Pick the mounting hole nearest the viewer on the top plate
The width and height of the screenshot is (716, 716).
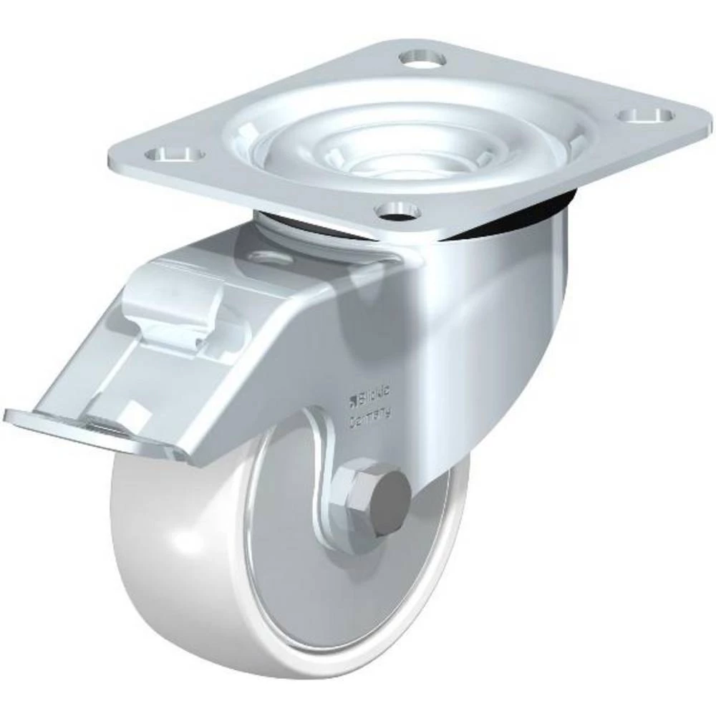click(398, 211)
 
